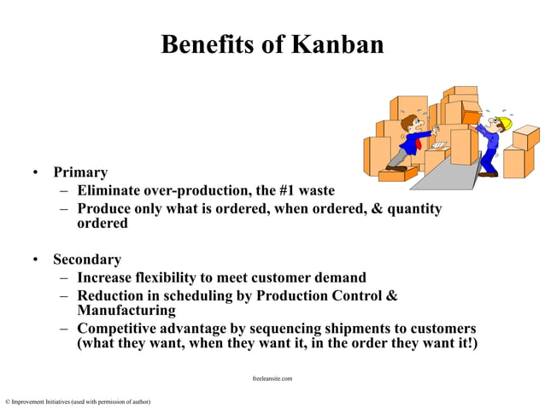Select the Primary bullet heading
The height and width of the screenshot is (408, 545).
tap(80, 172)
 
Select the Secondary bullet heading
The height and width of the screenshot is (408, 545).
tap(87, 259)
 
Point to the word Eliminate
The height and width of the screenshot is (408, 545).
tap(107, 190)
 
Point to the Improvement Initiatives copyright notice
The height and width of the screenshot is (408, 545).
tap(78, 400)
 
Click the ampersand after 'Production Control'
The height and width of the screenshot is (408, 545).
tap(392, 295)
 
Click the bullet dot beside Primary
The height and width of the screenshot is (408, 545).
tap(36, 173)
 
